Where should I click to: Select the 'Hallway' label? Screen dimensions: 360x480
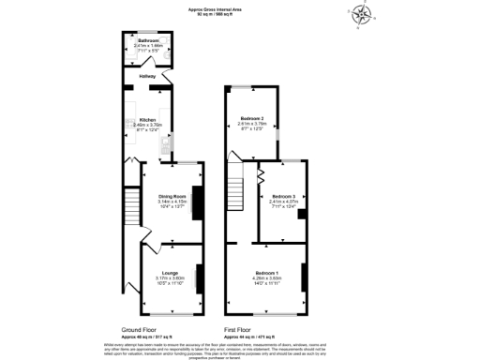tap(147, 76)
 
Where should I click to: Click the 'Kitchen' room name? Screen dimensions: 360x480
tap(147, 120)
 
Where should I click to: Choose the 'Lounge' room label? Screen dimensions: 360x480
tap(170, 273)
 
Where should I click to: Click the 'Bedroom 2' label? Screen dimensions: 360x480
tap(250, 118)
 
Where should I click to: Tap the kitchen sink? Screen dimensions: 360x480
tap(165, 142)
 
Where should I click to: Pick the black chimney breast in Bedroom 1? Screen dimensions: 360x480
tap(303, 277)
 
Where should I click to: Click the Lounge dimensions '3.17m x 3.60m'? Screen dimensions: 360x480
tap(170, 278)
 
